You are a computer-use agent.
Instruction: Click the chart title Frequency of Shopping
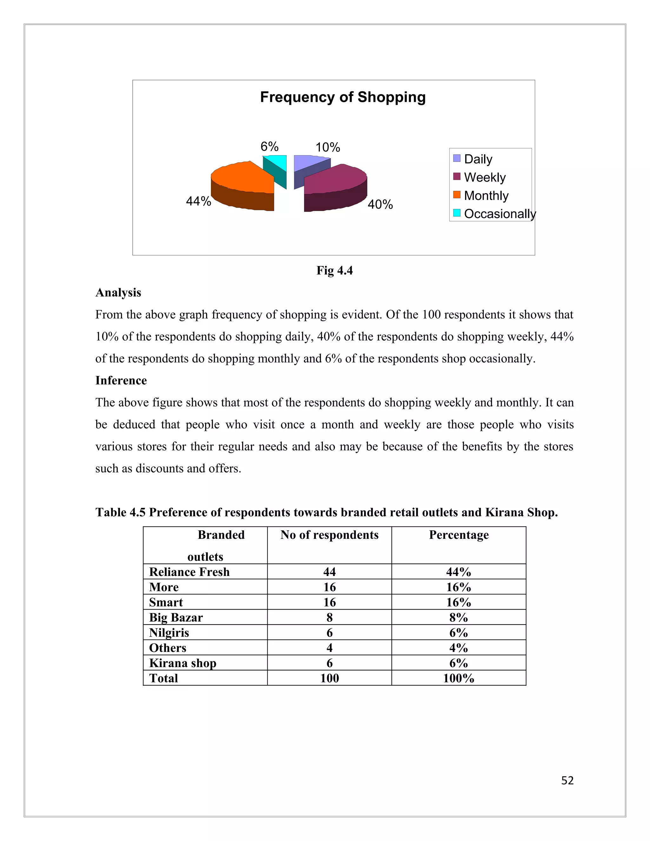pyautogui.click(x=343, y=97)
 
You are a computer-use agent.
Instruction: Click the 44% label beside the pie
pyautogui.click(x=198, y=201)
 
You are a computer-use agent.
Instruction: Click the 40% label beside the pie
pyautogui.click(x=380, y=204)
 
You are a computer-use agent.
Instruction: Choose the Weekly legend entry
pyautogui.click(x=484, y=177)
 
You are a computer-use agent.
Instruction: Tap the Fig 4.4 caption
pyautogui.click(x=334, y=270)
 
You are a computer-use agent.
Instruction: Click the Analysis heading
pyautogui.click(x=118, y=293)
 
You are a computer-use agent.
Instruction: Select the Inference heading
pyautogui.click(x=121, y=381)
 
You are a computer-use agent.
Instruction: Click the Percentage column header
pyautogui.click(x=459, y=535)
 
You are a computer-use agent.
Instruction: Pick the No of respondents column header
pyautogui.click(x=329, y=535)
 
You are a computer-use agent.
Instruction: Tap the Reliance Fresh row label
pyautogui.click(x=189, y=572)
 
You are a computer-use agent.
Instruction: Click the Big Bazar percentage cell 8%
pyautogui.click(x=458, y=618)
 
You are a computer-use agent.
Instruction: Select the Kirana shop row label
pyautogui.click(x=182, y=663)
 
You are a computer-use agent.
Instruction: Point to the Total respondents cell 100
pyautogui.click(x=329, y=678)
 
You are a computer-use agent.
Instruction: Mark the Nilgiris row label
pyautogui.click(x=169, y=633)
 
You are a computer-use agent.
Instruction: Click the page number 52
pyautogui.click(x=567, y=781)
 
